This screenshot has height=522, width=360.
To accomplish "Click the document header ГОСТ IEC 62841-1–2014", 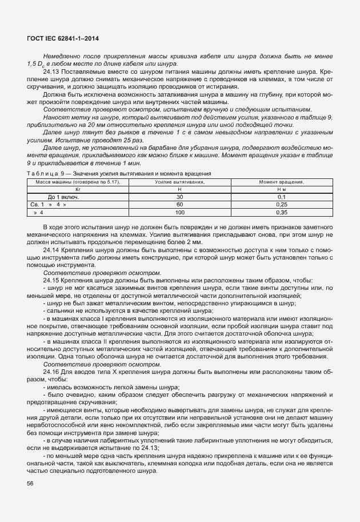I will point(63,37).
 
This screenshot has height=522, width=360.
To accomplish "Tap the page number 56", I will point(30,484).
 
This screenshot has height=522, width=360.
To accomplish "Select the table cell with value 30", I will point(179,197).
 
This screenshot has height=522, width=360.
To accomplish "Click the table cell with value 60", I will point(179,204).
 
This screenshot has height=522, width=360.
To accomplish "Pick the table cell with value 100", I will point(179,212).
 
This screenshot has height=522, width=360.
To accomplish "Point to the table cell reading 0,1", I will point(281,197).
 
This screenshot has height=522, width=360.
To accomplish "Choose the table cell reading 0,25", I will point(281,204).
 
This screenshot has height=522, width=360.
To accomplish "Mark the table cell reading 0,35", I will point(281,212).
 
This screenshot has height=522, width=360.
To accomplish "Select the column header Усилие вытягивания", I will point(179,182).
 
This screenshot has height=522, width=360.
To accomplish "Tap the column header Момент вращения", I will point(281,182).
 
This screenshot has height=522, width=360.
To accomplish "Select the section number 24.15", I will point(51,280).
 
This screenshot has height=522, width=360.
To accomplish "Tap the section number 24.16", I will point(51,372).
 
